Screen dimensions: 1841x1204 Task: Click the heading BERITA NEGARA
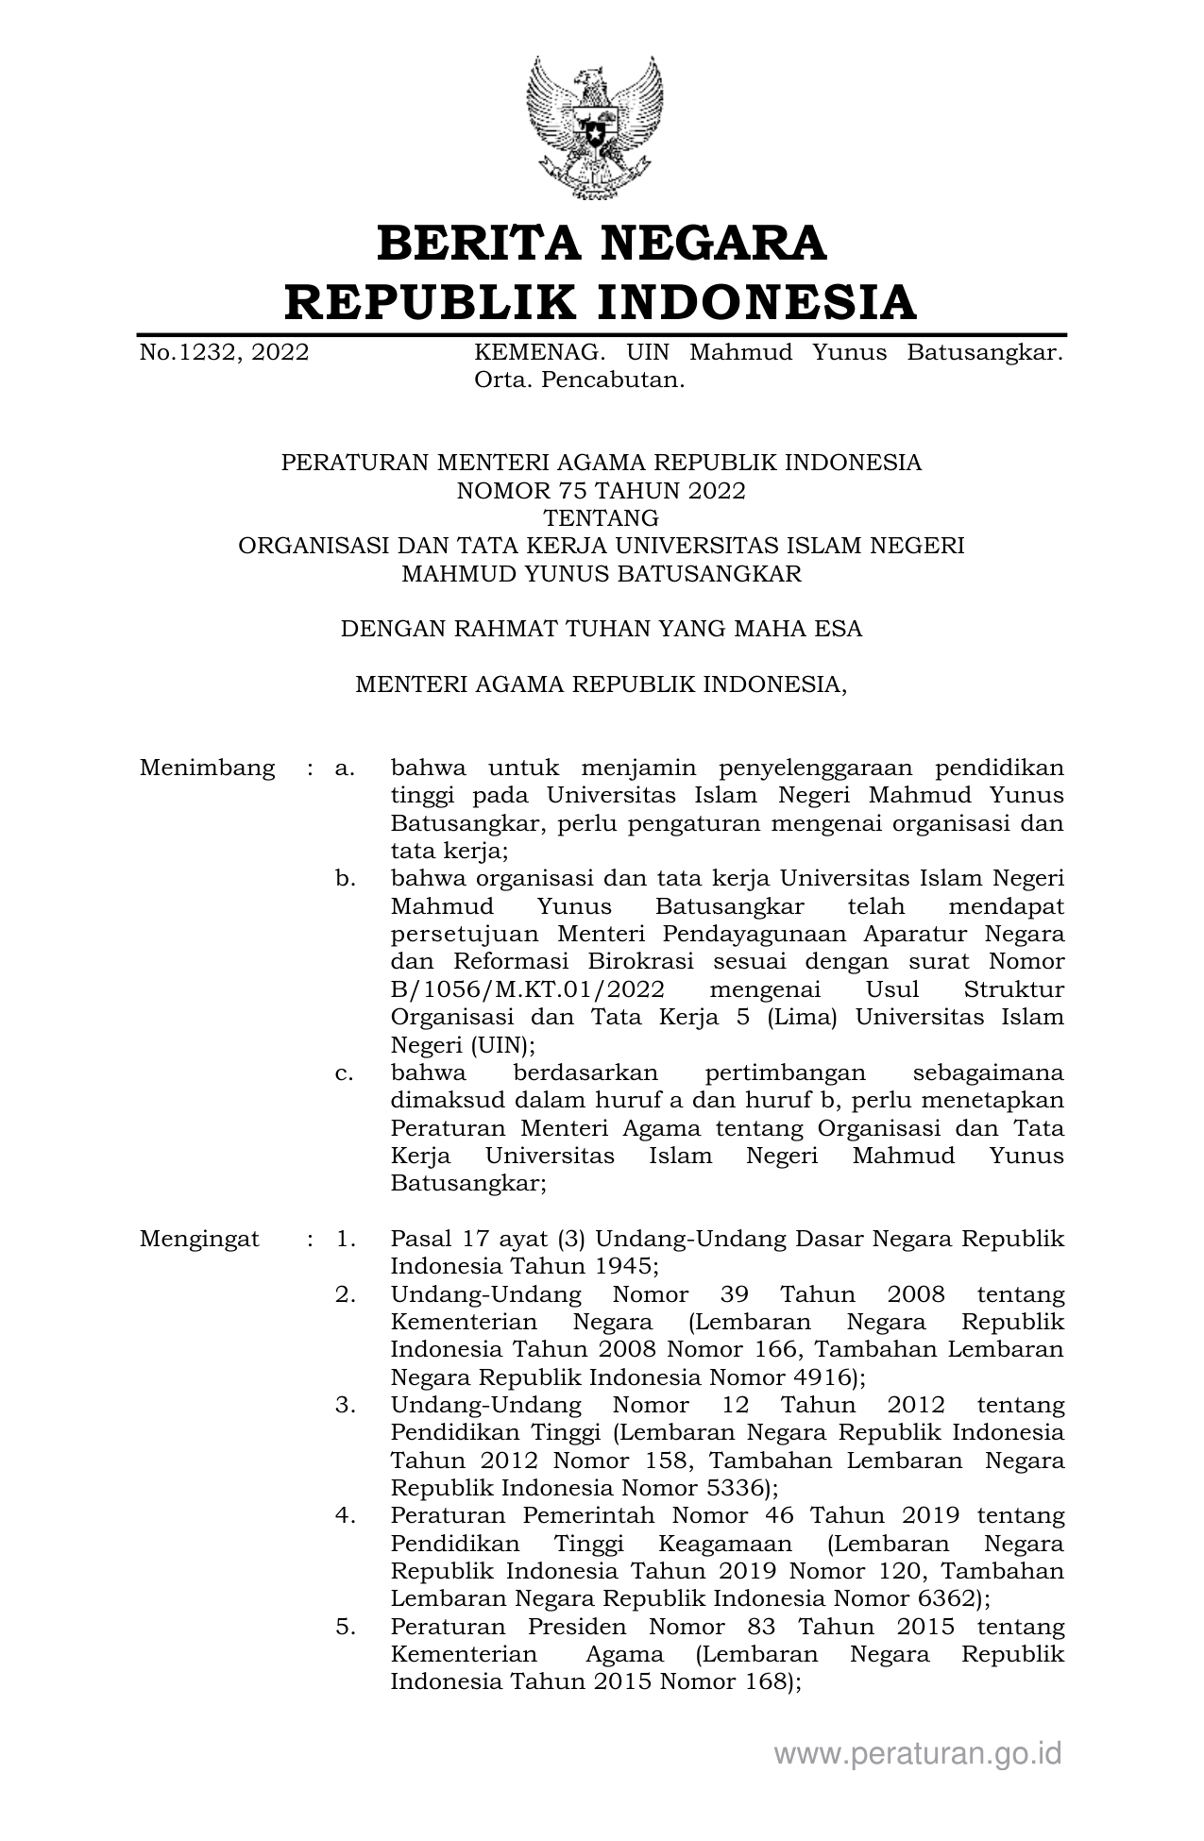point(602,243)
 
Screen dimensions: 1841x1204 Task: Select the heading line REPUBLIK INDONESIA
point(602,302)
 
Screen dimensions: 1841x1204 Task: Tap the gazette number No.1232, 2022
point(224,353)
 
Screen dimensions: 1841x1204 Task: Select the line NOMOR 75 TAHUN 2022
point(601,491)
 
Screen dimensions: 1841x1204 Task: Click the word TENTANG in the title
point(601,518)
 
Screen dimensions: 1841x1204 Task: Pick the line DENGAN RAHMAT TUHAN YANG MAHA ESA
point(601,629)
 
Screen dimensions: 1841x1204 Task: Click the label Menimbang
point(208,768)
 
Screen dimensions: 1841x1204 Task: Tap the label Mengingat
point(199,1239)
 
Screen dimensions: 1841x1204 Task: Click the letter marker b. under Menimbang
point(345,879)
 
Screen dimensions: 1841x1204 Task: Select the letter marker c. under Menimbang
point(345,1073)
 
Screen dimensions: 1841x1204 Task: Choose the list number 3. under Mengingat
point(346,1405)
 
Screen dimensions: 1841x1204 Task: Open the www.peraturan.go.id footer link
point(918,1754)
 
